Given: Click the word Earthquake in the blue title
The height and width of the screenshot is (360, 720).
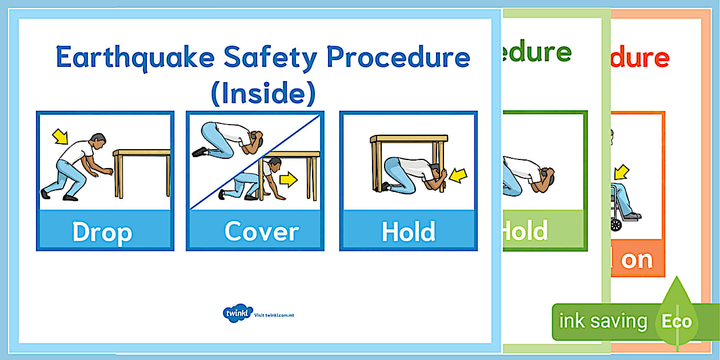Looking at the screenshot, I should click(x=135, y=57).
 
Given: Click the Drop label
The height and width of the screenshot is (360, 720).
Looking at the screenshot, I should click(x=102, y=232).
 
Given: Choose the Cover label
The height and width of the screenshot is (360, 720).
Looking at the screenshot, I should click(x=261, y=231).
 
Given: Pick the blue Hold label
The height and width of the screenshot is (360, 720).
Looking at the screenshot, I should click(x=408, y=231).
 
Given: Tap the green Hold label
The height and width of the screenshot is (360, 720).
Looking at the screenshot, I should click(x=525, y=230).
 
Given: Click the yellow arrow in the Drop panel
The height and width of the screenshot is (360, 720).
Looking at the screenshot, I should click(x=59, y=136).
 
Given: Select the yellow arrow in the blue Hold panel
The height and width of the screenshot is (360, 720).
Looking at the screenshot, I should click(x=458, y=175).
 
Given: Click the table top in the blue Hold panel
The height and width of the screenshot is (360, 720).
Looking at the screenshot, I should click(x=408, y=138).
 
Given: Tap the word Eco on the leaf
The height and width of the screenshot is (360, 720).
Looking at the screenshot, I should click(x=677, y=321).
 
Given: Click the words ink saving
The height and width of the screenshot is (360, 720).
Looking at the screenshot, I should click(x=602, y=321).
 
